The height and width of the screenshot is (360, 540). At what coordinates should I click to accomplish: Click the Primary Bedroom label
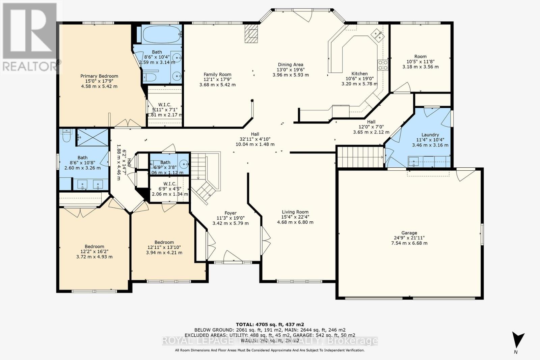click(x=99, y=76)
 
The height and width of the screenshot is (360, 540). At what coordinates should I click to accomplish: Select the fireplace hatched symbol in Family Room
click(x=251, y=33)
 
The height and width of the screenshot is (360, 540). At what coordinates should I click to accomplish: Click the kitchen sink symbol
click(x=377, y=34)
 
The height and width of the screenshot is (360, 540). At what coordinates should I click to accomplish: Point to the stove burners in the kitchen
click(x=383, y=65)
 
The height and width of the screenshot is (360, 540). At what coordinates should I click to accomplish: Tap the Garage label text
click(x=409, y=233)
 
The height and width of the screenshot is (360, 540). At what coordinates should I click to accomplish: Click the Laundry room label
click(x=430, y=135)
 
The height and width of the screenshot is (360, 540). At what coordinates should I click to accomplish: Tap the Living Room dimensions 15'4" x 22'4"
click(x=295, y=217)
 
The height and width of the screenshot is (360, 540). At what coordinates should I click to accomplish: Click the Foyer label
click(x=231, y=213)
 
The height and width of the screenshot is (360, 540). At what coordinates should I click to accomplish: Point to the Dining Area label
click(x=290, y=64)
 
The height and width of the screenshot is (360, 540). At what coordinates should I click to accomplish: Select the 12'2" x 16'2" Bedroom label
click(x=94, y=247)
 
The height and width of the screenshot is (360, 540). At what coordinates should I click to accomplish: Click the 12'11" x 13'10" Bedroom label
click(x=164, y=242)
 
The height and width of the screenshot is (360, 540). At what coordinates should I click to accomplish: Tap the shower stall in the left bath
click(x=92, y=137)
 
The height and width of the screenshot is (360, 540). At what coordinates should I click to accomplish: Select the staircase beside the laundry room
click(x=360, y=156)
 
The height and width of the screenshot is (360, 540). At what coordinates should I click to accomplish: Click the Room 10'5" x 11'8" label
click(x=421, y=56)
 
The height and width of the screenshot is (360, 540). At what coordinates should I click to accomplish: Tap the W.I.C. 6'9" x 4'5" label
click(x=169, y=184)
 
